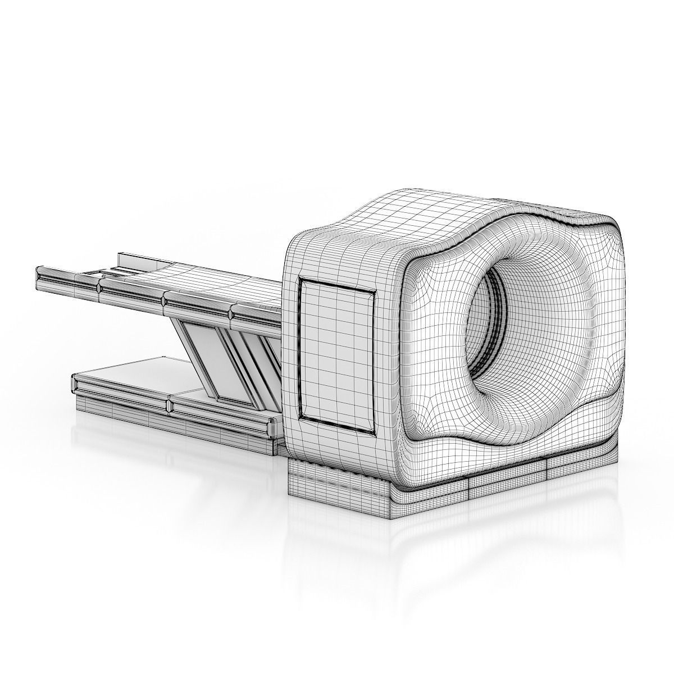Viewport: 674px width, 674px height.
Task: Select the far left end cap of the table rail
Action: (x=38, y=277)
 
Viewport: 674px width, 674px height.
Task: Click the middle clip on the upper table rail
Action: (x=163, y=300)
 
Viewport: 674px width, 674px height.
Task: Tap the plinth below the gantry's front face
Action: (x=505, y=477)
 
